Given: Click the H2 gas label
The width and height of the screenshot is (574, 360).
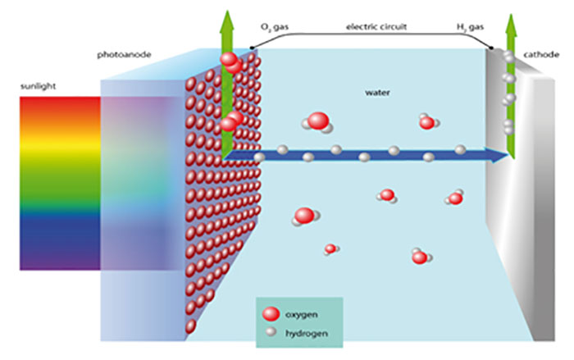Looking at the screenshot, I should coord(471,27).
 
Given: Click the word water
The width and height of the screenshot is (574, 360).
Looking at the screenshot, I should coord(375,93).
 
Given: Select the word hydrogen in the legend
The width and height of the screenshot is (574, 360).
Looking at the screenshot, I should coord(304,334).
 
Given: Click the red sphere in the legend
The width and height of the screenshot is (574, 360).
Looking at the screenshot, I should coord(269,314).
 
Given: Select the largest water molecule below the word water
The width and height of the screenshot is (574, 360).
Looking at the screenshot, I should coord(318,122).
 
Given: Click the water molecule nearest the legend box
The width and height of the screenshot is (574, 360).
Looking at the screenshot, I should coord(331,248).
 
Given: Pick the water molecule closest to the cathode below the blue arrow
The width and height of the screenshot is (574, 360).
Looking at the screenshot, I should coord(455,198).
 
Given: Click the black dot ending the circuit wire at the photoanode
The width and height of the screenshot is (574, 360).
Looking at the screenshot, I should coord(252,48).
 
